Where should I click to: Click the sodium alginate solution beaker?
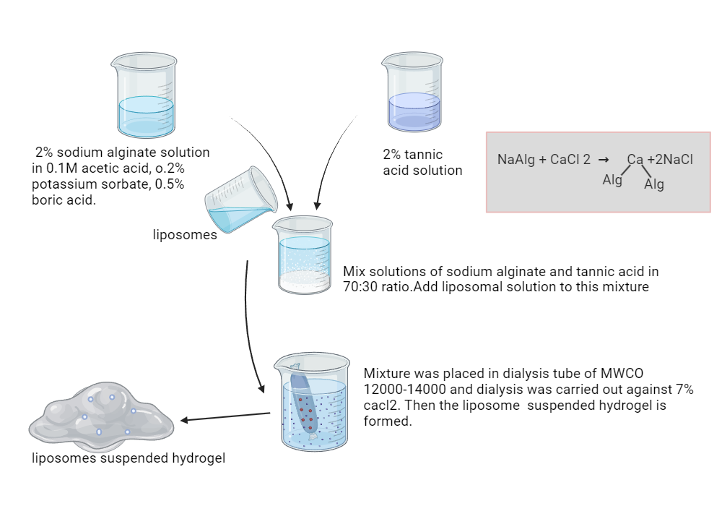146,98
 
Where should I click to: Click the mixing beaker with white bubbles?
304,257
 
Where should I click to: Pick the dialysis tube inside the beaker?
303,405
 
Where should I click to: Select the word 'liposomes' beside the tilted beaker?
185,234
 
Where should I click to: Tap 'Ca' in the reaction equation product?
635,160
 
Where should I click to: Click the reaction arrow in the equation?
604,160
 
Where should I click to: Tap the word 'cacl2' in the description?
383,406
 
